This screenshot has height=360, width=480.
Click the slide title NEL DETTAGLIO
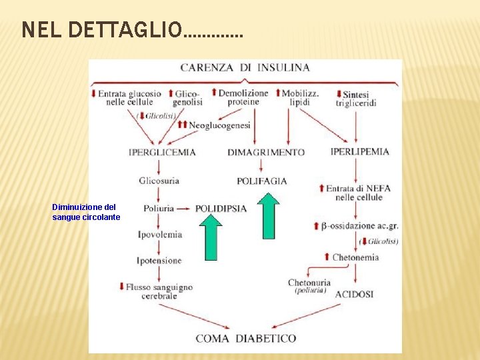coord(132,30)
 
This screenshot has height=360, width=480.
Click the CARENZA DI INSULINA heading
coord(245,67)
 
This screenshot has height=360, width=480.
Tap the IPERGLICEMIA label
coord(163,152)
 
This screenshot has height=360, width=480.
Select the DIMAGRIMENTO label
coord(266,152)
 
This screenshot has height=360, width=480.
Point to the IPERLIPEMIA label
coord(359,151)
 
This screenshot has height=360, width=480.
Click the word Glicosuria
coord(159,181)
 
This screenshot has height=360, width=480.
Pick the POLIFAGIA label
coord(262,181)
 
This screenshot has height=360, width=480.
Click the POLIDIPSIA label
coord(221,209)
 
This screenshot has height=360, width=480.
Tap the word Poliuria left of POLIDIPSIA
coord(159,208)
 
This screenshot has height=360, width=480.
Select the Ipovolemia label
coord(160,234)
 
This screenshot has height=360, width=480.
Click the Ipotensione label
coord(159,260)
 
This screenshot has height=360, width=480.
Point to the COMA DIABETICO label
coord(246,339)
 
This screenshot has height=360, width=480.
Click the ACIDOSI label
coord(354,293)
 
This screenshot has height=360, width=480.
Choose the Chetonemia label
coord(355,257)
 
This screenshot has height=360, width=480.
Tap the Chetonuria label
coord(309,283)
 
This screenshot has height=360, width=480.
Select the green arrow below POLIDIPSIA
coord(211,238)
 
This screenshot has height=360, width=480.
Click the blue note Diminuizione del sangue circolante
coord(86,212)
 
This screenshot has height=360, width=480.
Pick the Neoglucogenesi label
coord(219,125)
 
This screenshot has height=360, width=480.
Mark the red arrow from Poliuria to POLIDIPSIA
coord(185,209)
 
